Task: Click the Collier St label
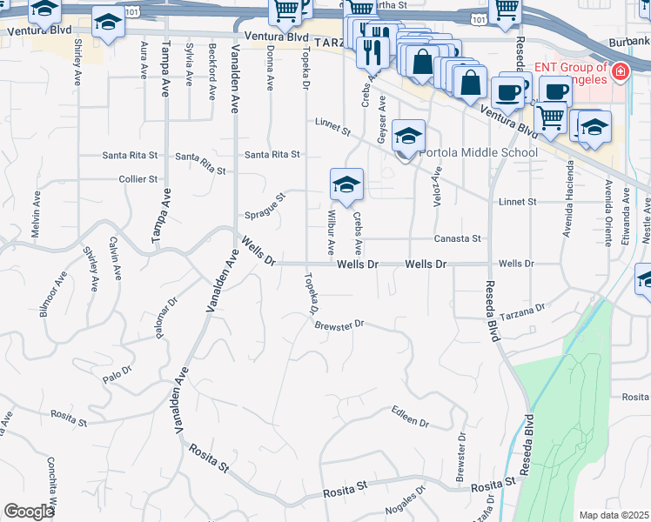(139, 179)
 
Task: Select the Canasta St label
(459, 238)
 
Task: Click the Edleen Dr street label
(410, 416)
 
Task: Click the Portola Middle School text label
(479, 153)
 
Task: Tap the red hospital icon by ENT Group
(621, 71)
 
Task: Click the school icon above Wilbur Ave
(346, 184)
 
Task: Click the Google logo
(30, 512)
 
